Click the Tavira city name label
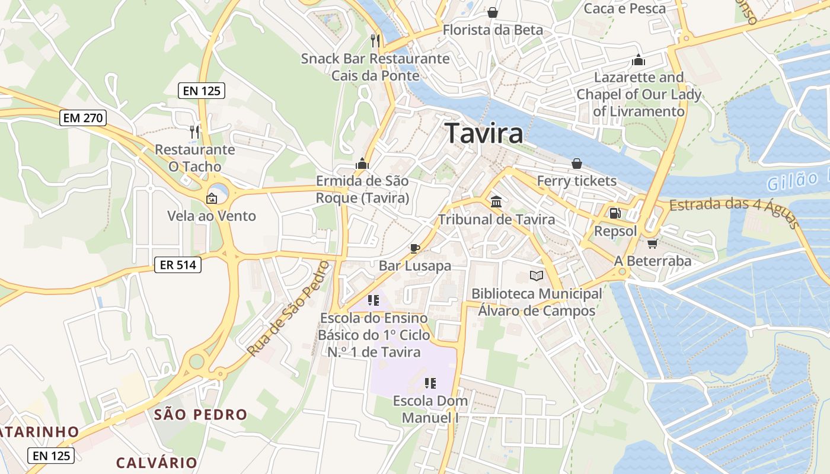pos(484,133)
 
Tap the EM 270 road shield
pos(83,118)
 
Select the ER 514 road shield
pos(177,265)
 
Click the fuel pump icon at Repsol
pos(615,213)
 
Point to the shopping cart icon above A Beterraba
pos(652,243)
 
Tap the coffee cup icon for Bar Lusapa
pos(414,248)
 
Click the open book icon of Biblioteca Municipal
pos(536,276)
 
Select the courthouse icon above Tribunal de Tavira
pos(496,201)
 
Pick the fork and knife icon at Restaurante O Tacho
pos(194,131)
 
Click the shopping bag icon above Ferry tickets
pos(576,163)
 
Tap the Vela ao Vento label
pos(212,216)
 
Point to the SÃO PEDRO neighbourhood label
pos(200,415)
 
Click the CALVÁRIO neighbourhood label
pos(157,463)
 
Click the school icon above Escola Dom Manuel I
pos(430,383)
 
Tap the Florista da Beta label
pos(493,30)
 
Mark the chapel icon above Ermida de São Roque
pos(362,164)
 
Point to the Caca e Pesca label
pos(625,8)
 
